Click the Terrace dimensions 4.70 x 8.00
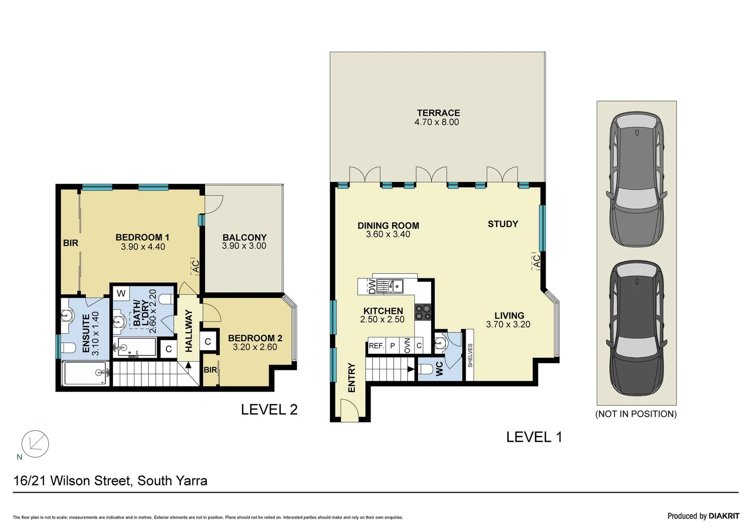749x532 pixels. click(x=437, y=122)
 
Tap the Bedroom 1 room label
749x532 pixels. click(x=142, y=237)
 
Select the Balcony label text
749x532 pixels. click(x=244, y=237)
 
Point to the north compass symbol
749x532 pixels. click(x=35, y=443)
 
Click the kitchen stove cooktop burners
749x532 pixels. click(x=423, y=312)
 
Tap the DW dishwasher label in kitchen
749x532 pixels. click(x=372, y=286)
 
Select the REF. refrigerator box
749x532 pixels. click(x=376, y=346)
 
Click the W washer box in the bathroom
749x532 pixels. click(x=121, y=294)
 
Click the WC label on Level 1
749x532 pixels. click(x=439, y=369)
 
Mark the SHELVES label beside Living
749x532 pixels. click(x=470, y=355)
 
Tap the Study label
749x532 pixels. click(x=503, y=224)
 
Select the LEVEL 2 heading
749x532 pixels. click(x=269, y=409)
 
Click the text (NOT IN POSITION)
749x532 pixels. click(x=636, y=414)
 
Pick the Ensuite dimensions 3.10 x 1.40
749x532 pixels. click(x=96, y=333)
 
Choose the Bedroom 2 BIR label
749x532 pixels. click(x=210, y=370)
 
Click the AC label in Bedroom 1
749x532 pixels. click(x=195, y=266)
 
